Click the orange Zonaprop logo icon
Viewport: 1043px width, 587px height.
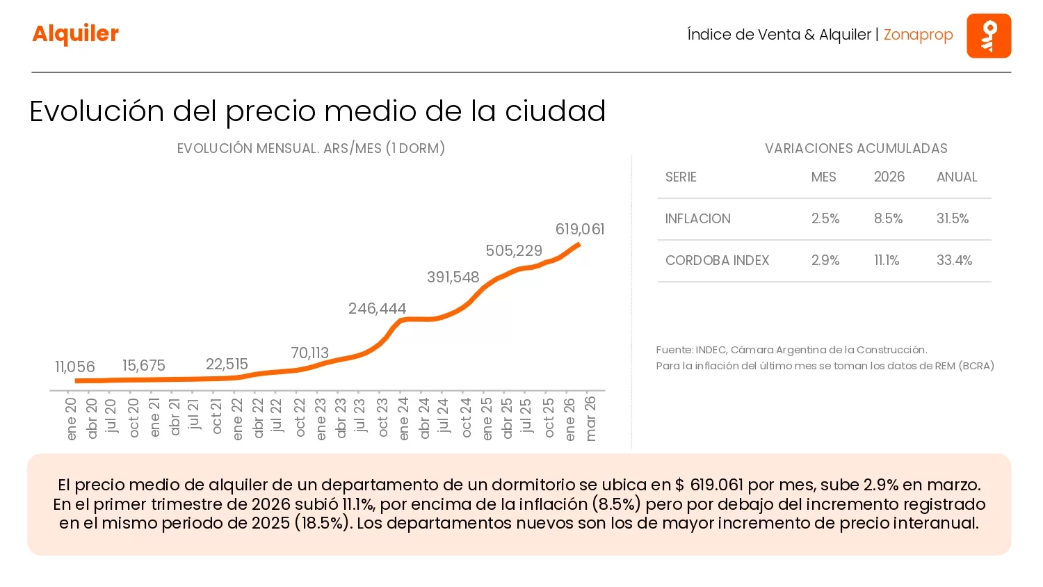(x=988, y=35)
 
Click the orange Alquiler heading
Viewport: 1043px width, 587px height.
(x=75, y=33)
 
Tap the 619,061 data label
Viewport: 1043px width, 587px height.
(x=579, y=229)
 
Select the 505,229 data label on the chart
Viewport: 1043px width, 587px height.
(x=513, y=250)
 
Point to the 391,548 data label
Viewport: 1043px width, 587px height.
(x=453, y=277)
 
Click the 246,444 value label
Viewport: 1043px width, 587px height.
(x=377, y=308)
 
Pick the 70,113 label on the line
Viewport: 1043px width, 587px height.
(x=309, y=353)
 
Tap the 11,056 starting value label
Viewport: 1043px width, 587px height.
(x=74, y=367)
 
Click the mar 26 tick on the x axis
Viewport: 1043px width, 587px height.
(x=591, y=419)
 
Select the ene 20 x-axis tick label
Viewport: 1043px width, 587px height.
(x=71, y=419)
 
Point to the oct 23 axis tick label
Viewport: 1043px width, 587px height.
(x=382, y=418)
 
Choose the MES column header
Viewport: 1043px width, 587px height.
(x=823, y=177)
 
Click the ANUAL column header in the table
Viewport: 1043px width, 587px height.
(x=956, y=177)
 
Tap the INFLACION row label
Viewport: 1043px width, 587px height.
(x=697, y=218)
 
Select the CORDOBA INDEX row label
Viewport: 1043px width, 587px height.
(x=717, y=260)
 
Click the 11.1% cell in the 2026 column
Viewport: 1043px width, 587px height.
(x=887, y=260)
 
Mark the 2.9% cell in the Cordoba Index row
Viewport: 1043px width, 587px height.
(x=825, y=260)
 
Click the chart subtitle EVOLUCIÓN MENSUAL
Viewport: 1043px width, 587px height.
(x=311, y=148)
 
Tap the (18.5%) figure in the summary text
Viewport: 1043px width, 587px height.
(x=322, y=523)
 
